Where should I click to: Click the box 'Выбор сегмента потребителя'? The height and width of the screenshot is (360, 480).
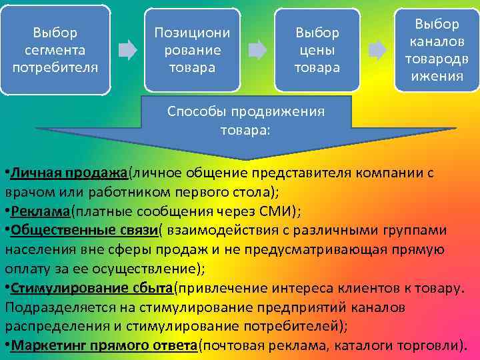55,49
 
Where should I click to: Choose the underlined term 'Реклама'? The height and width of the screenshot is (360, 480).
41,212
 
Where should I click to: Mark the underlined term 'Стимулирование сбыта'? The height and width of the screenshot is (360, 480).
93,289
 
